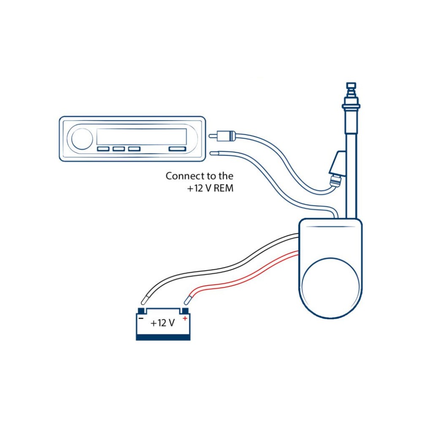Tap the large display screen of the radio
tap(141, 136)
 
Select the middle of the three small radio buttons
tap(119, 149)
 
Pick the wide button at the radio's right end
tap(177, 149)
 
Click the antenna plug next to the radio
tap(222, 136)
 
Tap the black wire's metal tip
tap(144, 300)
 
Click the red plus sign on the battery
tap(185, 318)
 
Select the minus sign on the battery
tap(141, 319)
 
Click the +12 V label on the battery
tap(162, 323)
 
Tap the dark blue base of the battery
tap(163, 337)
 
